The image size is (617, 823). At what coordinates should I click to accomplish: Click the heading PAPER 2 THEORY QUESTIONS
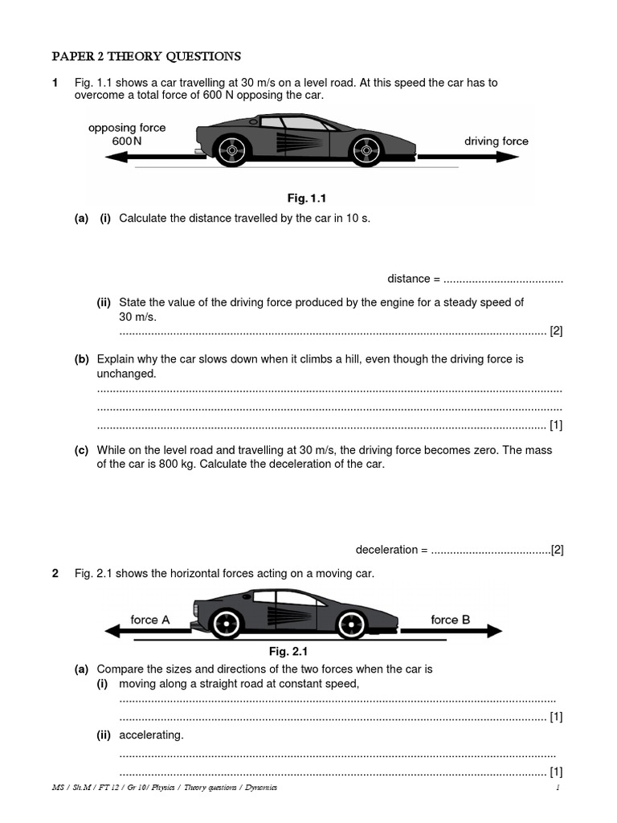[146, 56]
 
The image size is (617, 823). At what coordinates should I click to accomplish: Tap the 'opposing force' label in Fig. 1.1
[127, 128]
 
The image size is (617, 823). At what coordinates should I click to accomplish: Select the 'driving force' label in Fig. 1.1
[496, 141]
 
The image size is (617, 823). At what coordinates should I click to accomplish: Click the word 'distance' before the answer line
[408, 279]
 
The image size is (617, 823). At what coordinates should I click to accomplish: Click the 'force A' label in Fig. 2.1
[150, 620]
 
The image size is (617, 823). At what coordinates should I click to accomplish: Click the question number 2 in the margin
[55, 573]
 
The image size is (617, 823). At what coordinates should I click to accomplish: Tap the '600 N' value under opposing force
[126, 141]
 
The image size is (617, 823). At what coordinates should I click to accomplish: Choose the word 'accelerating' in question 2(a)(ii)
[151, 735]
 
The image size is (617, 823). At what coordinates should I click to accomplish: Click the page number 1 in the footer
[556, 788]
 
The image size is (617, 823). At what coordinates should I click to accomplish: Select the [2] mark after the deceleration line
[558, 550]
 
